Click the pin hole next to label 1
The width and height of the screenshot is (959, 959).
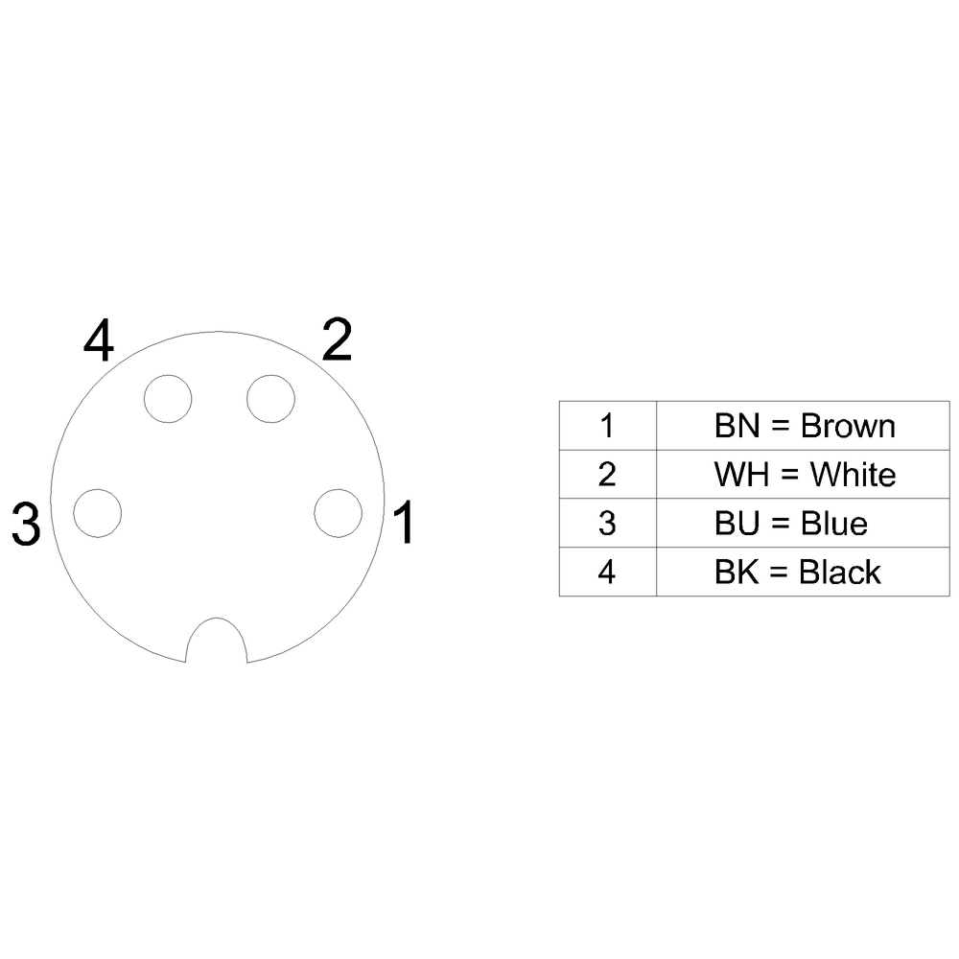(x=339, y=513)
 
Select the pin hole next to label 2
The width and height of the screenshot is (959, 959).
(x=271, y=399)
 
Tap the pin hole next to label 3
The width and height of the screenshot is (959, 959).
(x=97, y=513)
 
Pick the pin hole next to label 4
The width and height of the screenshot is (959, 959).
(x=168, y=399)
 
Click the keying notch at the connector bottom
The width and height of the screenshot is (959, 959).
(x=217, y=619)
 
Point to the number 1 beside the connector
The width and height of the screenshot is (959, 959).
(x=404, y=522)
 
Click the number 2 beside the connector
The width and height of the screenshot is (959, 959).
(x=337, y=339)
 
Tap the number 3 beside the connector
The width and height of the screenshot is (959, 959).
(x=26, y=524)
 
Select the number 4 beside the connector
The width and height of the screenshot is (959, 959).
(x=99, y=339)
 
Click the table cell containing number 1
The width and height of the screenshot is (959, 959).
(x=608, y=426)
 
